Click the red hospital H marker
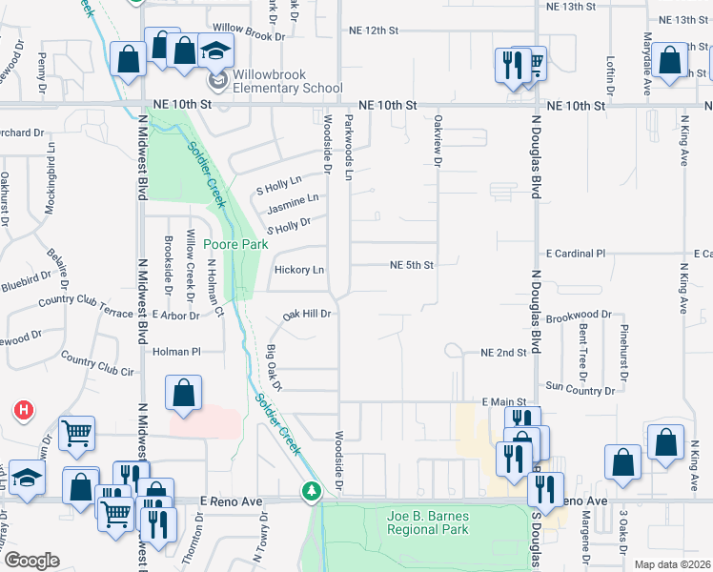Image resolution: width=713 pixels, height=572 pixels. tap(24, 411)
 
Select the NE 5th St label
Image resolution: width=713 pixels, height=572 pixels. tap(412, 265)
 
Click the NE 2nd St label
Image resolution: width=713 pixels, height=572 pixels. tap(504, 353)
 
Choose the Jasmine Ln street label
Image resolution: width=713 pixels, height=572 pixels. tap(292, 203)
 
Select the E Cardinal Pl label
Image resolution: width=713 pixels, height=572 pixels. tap(576, 254)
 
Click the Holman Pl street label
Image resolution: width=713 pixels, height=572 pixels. tap(176, 352)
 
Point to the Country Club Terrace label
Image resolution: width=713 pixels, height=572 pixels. tap(86, 305)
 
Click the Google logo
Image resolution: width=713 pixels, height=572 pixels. tap(31, 561)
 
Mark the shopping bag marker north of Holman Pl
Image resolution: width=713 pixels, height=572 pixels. tap(183, 393)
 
